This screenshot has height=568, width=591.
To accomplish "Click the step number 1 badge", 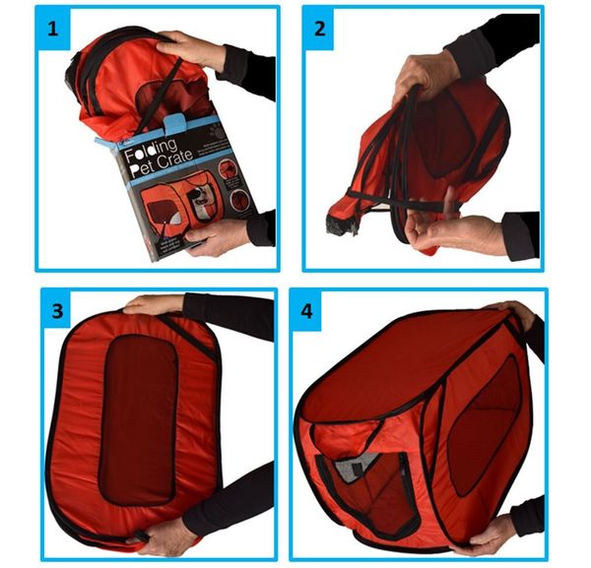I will pos(52,30).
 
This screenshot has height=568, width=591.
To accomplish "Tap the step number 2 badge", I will pos(319,30).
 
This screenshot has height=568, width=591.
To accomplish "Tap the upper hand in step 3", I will pos(158,305).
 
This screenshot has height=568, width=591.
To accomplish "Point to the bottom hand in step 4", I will pos(492,532).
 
